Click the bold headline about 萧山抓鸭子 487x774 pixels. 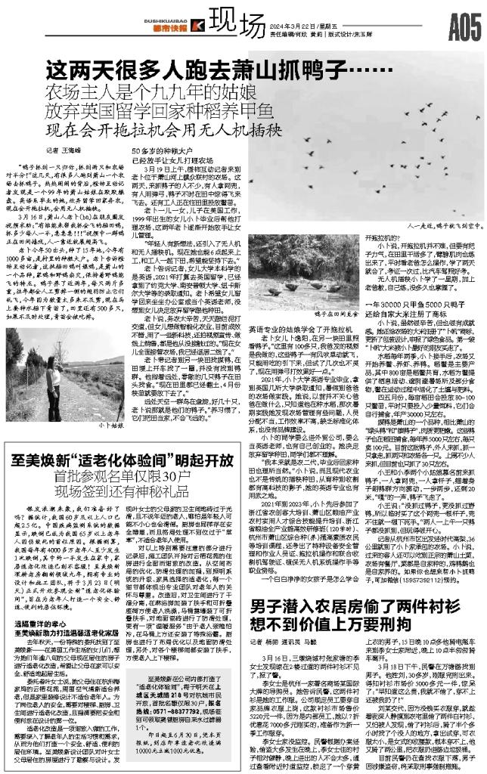click(203, 73)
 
